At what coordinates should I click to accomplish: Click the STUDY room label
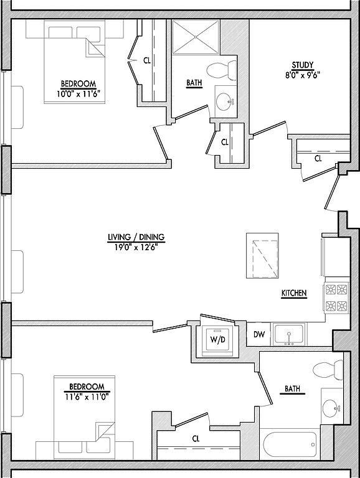pos(303,65)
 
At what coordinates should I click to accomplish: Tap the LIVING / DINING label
pos(136,237)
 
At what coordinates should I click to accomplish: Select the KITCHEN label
pos(294,293)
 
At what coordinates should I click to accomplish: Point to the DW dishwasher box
pos(258,334)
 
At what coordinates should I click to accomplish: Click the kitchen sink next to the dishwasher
pos(289,334)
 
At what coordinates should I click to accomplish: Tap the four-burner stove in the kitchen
pos(337,298)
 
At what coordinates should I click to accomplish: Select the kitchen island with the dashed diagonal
pos(262,256)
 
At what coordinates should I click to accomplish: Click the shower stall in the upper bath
pos(196,37)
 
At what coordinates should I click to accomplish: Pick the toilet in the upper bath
pos(222,70)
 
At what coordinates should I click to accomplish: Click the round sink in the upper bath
pos(225,101)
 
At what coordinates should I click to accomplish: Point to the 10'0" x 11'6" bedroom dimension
pos(78,94)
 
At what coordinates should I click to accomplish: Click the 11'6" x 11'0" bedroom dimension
pos(87,397)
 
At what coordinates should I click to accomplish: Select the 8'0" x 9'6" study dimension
pos(303,75)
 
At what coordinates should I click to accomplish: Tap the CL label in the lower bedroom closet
pos(196,439)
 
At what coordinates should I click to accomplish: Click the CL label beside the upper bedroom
pos(147,60)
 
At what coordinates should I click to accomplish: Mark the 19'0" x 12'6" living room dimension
pos(136,248)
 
